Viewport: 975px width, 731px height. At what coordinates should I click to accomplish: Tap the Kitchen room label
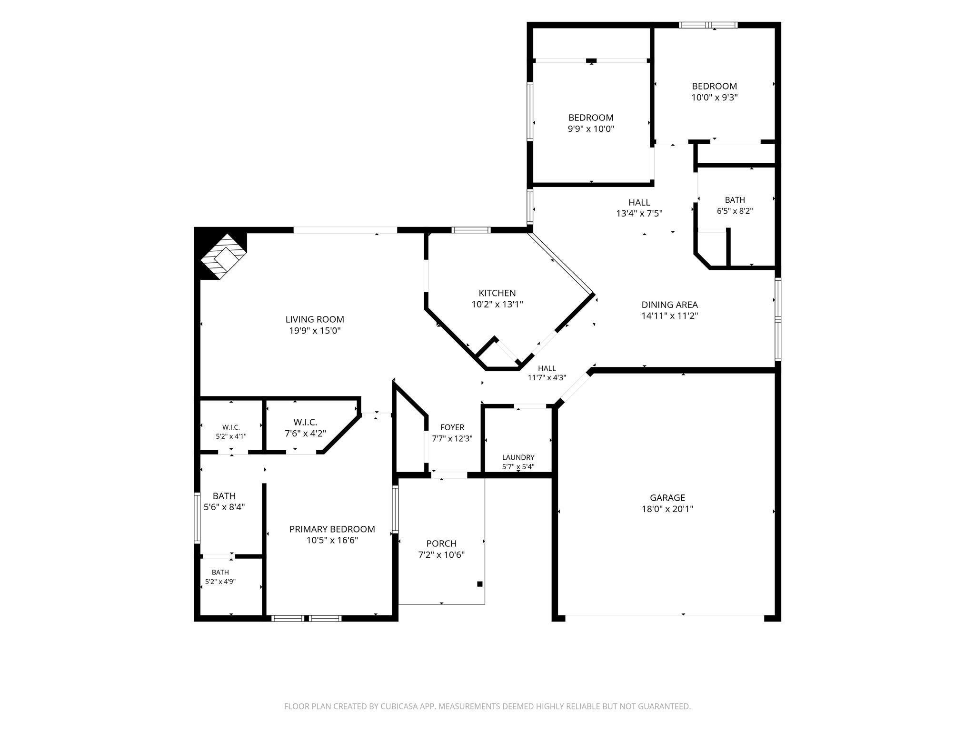497,293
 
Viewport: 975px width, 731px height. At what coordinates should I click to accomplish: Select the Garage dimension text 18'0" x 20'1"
667,509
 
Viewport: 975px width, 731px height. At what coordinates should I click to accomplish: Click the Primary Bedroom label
332,529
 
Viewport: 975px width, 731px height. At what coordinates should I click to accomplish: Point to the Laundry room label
518,457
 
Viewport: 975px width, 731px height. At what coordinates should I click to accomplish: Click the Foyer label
452,427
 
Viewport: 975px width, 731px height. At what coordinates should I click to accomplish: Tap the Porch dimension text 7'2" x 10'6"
441,554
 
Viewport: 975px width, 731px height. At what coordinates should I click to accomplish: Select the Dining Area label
669,305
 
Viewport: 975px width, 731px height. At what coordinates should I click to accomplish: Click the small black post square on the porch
480,584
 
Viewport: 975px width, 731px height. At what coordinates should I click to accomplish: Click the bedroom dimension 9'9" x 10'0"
591,128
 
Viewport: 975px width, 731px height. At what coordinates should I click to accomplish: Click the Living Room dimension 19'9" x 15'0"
315,330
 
